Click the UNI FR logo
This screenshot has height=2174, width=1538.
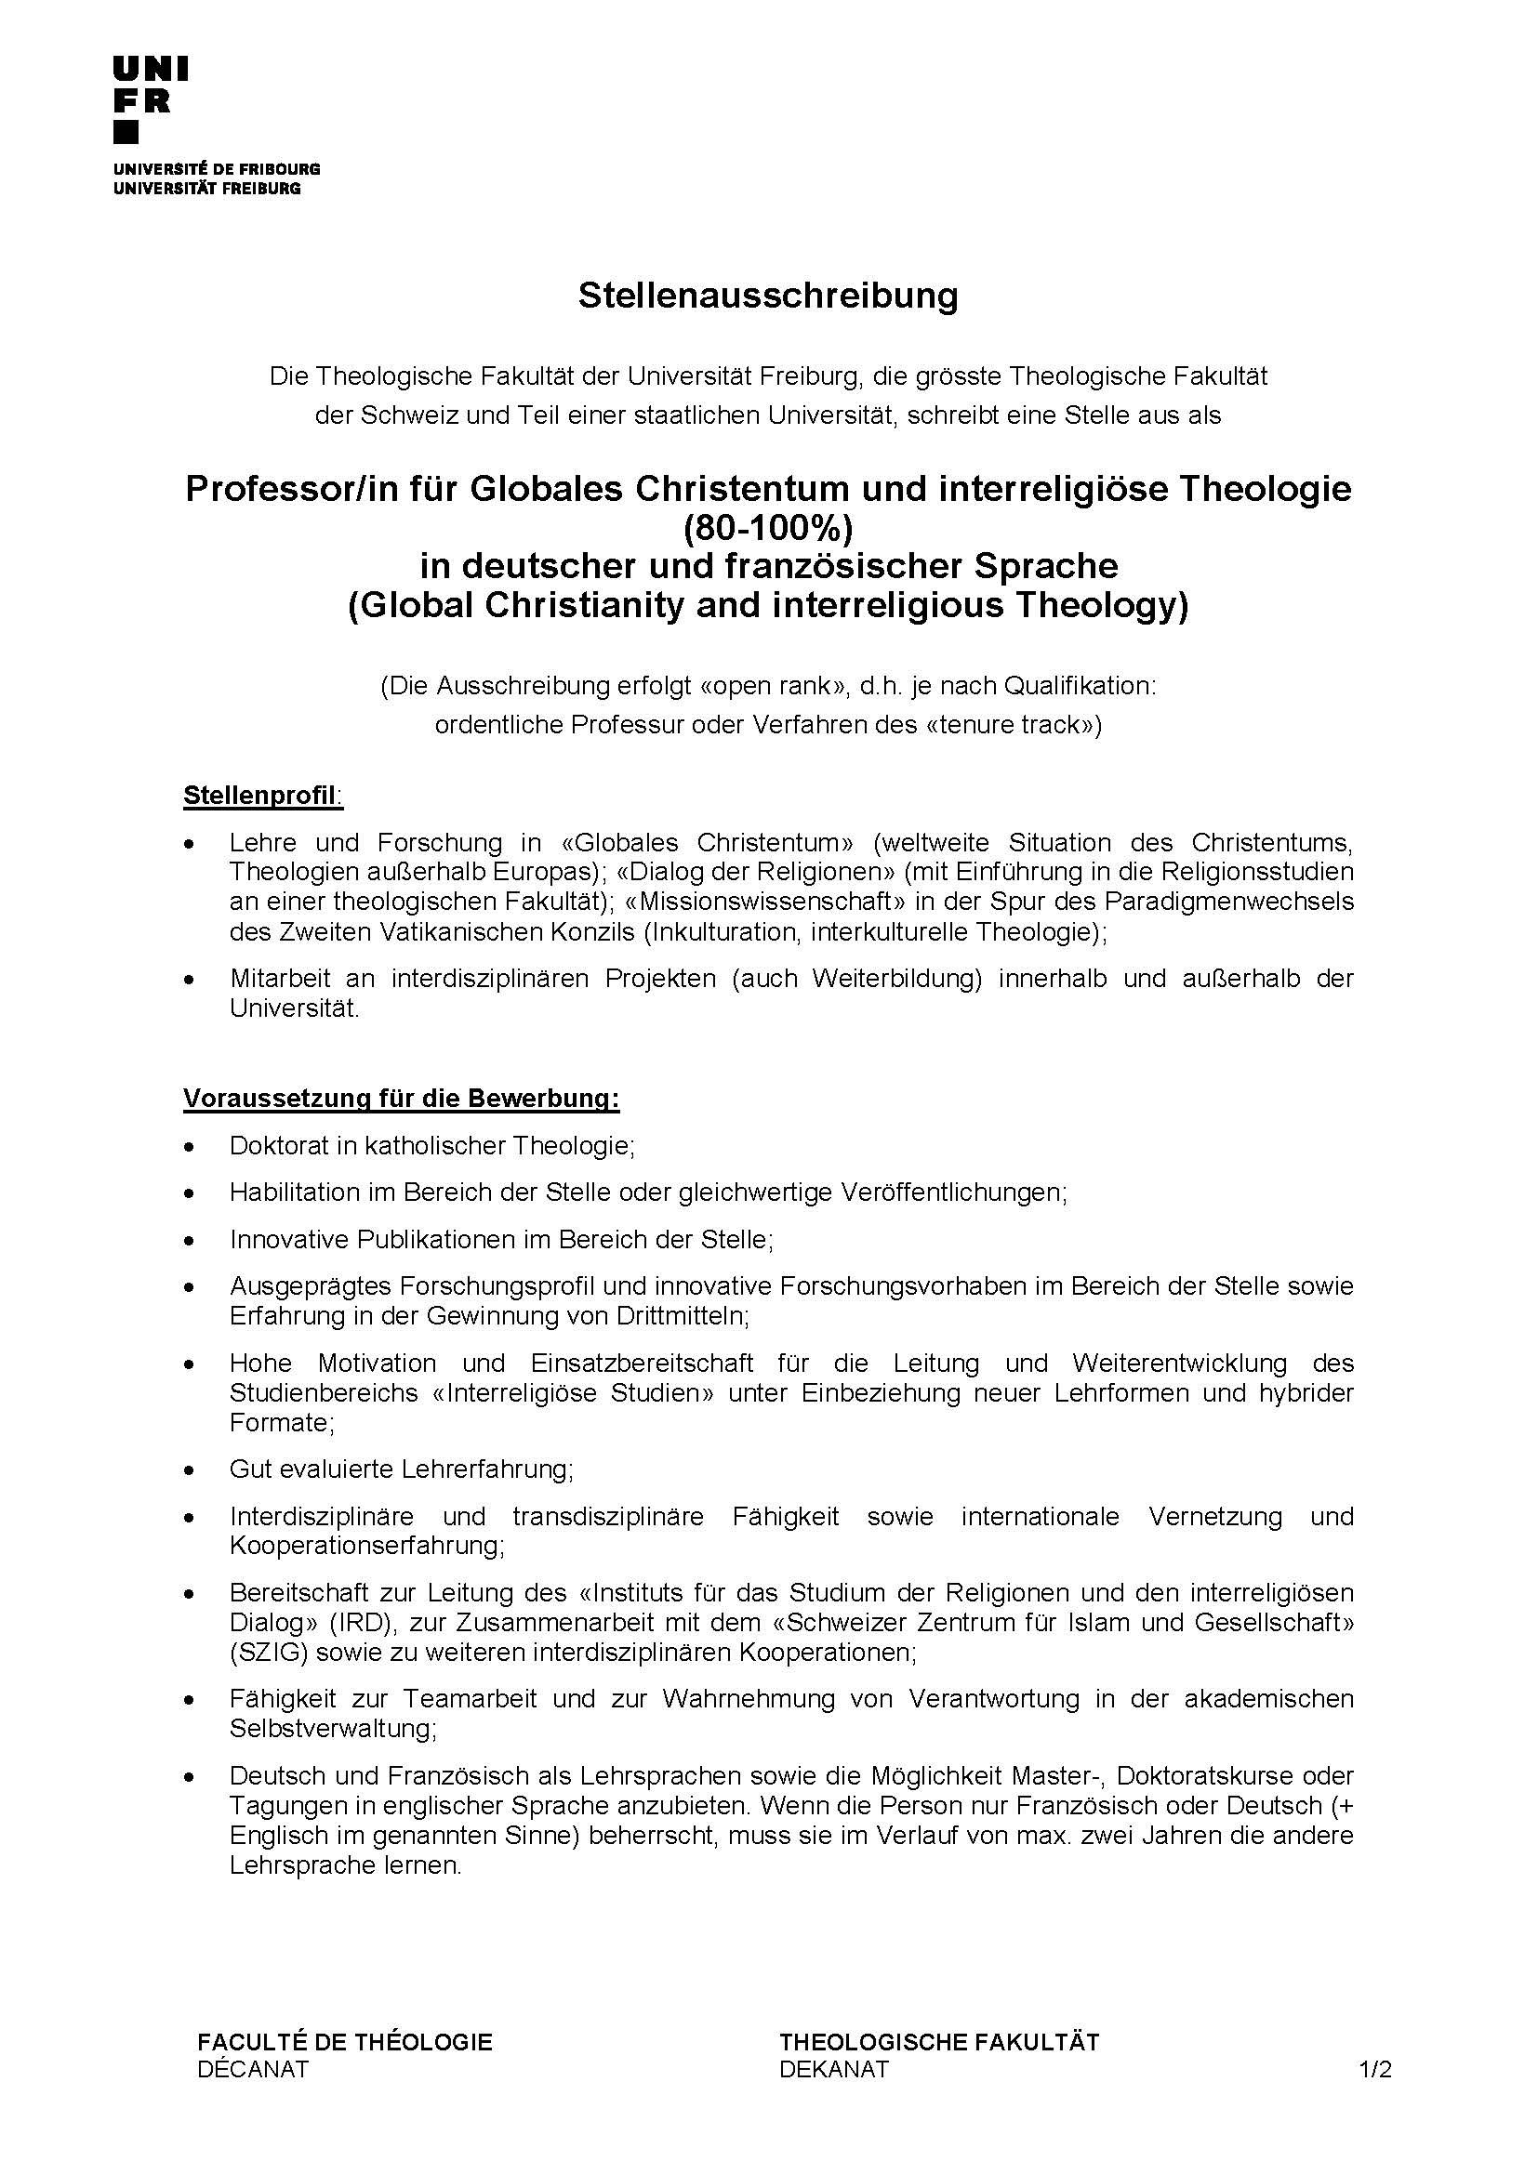151,99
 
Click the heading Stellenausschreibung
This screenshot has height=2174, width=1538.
768,296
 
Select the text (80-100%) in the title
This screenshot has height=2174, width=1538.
768,526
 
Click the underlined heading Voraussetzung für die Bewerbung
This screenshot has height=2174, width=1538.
402,1099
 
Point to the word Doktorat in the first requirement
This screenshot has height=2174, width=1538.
272,1146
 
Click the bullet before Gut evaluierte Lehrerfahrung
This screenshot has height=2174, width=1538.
191,1470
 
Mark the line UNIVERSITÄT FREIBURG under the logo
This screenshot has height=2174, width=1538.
206,188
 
